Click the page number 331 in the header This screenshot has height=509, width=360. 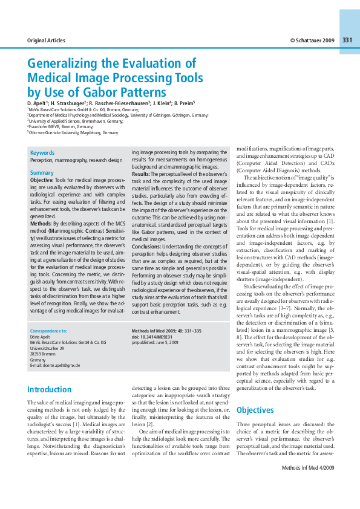pos(347,40)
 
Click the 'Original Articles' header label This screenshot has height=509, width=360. pos(46,41)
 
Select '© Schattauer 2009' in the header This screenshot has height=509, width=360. pos(312,41)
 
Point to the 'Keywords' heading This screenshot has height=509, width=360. pos(42,153)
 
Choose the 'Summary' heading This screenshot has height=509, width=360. pos(42,173)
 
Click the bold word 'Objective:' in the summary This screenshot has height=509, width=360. pos(42,180)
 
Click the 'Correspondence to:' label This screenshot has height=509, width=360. pos(48,331)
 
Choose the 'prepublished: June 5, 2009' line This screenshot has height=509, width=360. pos(155,342)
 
